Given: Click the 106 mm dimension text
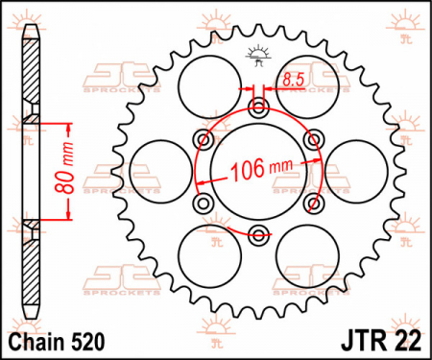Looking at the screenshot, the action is click(262, 169).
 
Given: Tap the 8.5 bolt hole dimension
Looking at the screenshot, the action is click(293, 80).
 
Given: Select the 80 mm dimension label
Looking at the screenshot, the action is click(64, 169).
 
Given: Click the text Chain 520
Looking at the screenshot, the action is click(57, 342).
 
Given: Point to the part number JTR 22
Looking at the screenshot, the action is click(381, 341).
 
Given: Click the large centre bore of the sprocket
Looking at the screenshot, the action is click(258, 171).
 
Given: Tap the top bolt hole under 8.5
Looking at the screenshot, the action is click(258, 108).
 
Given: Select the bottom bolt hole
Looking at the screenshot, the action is click(258, 234).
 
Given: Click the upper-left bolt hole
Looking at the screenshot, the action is click(204, 139).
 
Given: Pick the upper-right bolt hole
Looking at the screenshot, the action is click(314, 139).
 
